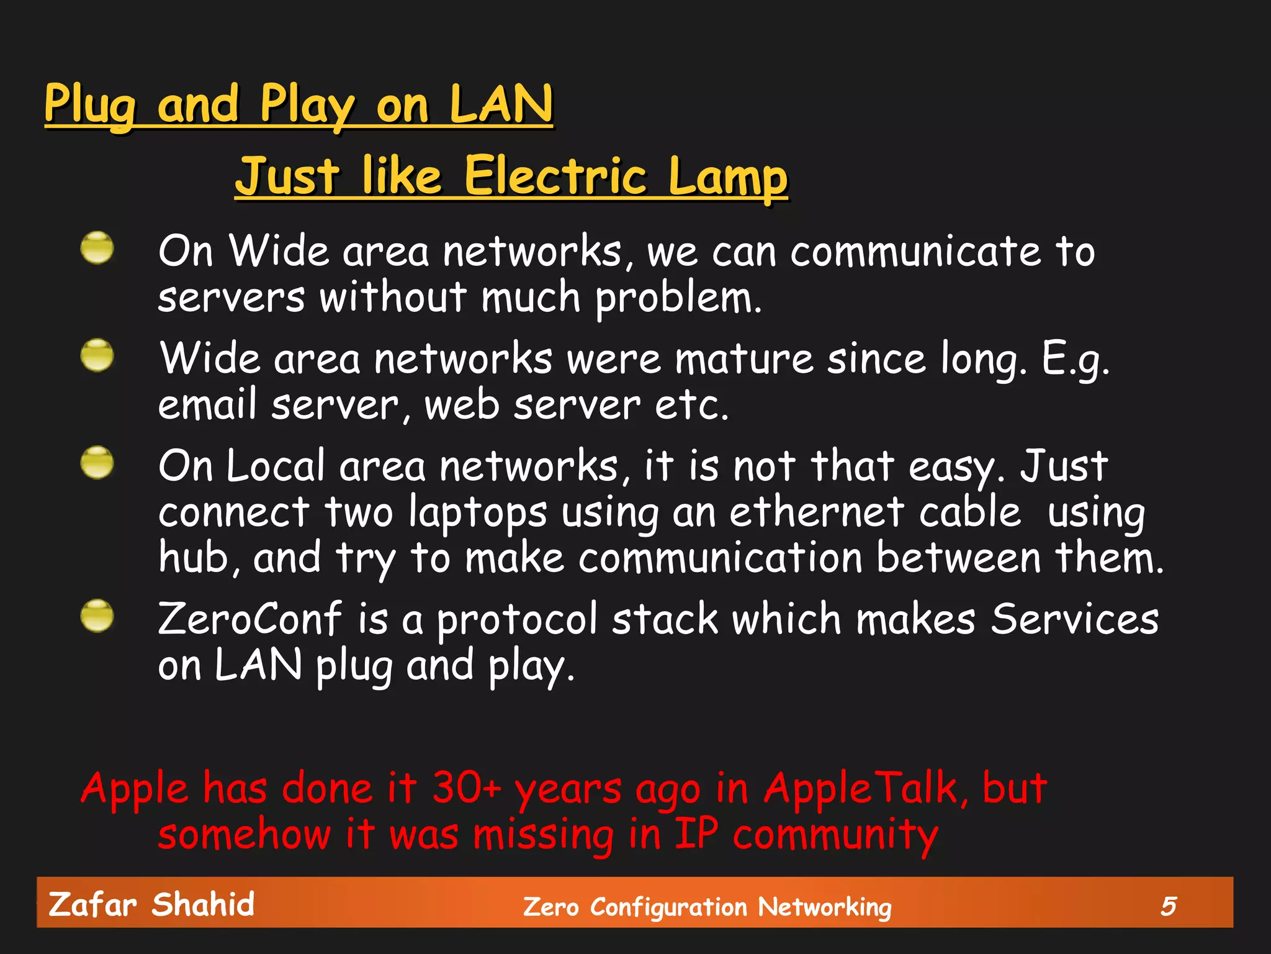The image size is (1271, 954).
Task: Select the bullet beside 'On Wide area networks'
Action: click(x=97, y=248)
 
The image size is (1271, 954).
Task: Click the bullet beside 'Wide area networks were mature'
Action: click(x=97, y=355)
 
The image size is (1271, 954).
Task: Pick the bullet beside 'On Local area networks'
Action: click(x=97, y=463)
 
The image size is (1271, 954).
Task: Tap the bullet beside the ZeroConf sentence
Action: click(x=97, y=616)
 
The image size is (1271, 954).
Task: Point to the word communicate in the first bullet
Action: click(x=915, y=252)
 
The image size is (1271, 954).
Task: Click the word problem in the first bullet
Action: click(x=678, y=298)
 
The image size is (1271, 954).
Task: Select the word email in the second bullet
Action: click(x=207, y=405)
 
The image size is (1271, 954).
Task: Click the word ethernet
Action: click(x=816, y=513)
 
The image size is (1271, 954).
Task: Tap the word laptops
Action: click(x=478, y=514)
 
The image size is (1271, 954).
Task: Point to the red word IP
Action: click(x=696, y=834)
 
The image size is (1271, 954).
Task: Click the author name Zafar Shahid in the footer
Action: click(x=151, y=904)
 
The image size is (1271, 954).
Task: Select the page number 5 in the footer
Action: click(x=1168, y=906)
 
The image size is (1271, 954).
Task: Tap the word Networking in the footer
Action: click(x=824, y=907)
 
